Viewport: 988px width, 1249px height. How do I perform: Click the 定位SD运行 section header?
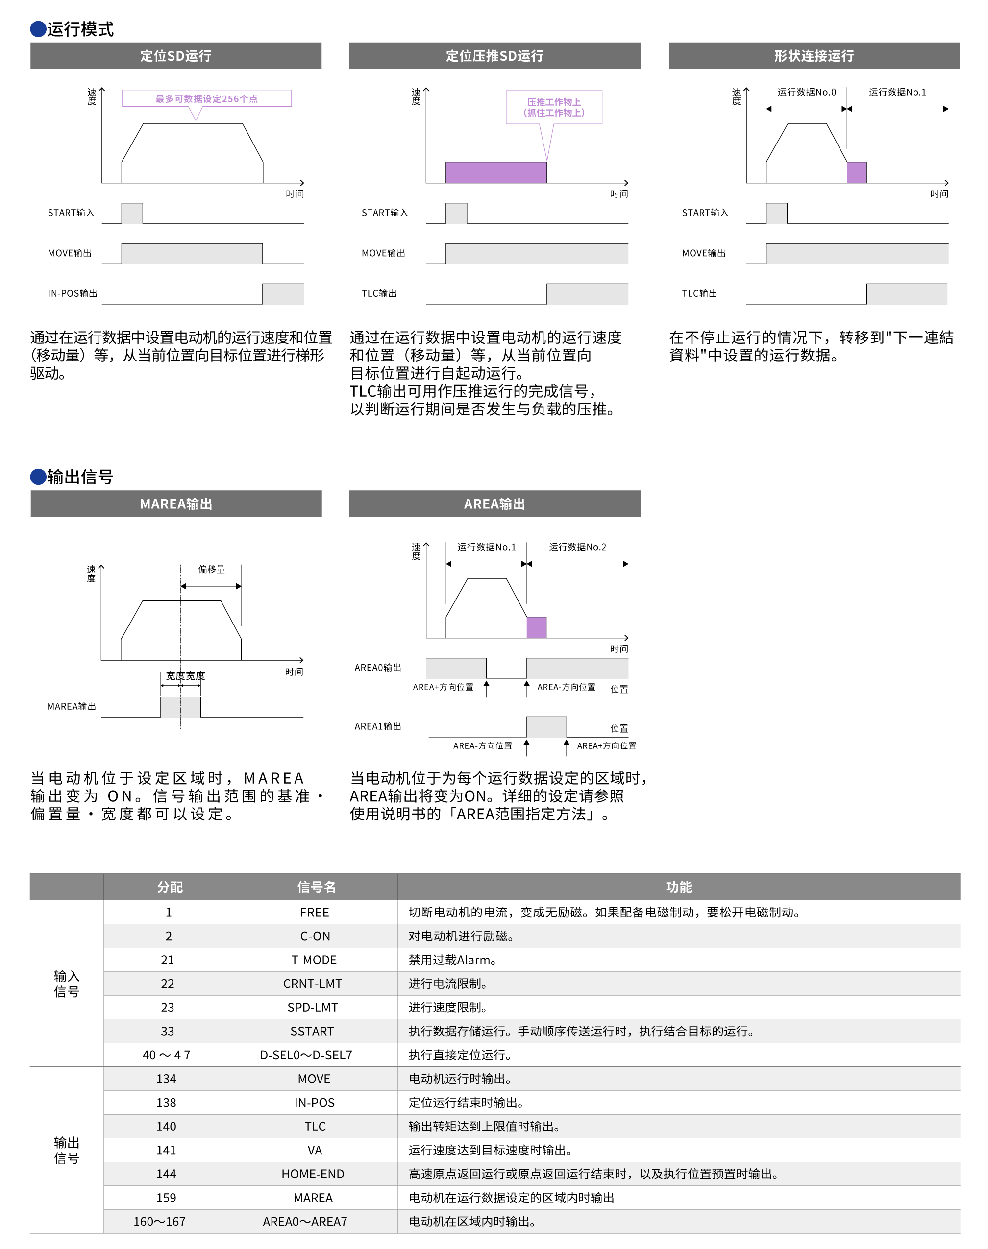[x=176, y=56]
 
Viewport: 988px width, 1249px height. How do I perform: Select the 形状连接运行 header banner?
[x=814, y=56]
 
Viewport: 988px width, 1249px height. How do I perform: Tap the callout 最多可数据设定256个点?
[x=206, y=99]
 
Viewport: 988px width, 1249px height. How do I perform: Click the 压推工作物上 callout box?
[x=554, y=107]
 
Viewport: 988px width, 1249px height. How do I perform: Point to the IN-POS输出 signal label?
[x=73, y=293]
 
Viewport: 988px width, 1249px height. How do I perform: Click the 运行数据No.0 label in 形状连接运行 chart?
[x=806, y=92]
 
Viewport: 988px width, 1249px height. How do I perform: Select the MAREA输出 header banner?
[x=176, y=504]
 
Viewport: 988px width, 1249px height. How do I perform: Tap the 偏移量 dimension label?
[x=211, y=569]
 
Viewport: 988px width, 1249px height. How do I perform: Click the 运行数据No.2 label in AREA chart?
[x=577, y=547]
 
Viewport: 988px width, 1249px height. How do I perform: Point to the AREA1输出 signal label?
[x=378, y=726]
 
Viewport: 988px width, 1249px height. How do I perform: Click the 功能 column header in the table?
[x=679, y=887]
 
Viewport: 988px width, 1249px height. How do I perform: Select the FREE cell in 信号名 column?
[x=315, y=913]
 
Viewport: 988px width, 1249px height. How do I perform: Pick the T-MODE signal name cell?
[x=314, y=960]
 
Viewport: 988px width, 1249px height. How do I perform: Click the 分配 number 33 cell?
[x=168, y=1032]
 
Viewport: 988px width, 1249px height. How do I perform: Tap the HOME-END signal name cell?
[x=313, y=1175]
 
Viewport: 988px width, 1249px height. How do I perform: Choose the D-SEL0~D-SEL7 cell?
[x=306, y=1056]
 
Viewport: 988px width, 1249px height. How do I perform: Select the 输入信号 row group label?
[x=67, y=984]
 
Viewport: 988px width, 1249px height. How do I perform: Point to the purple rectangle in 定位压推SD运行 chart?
[x=496, y=172]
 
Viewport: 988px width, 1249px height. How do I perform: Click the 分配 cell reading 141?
[x=167, y=1151]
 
